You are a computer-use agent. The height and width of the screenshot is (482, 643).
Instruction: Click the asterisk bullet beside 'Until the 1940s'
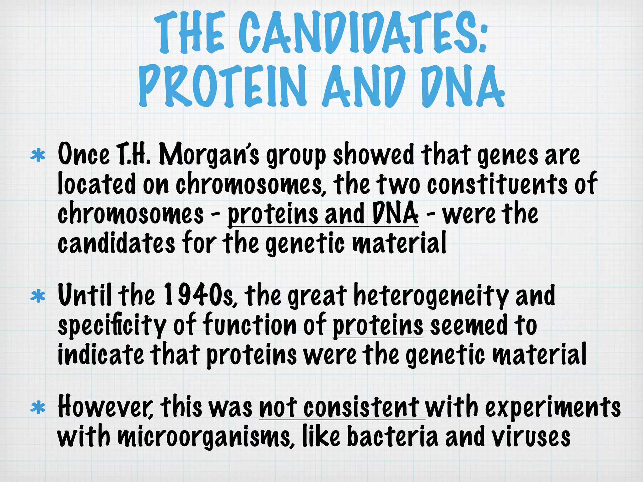tap(38, 296)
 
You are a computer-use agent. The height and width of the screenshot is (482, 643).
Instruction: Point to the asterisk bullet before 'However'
tap(38, 408)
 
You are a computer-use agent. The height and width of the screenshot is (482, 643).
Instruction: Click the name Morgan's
tap(209, 155)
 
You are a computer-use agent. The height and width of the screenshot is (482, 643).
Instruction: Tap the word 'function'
tap(250, 325)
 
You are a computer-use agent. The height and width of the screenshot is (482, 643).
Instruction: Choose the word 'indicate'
tap(101, 354)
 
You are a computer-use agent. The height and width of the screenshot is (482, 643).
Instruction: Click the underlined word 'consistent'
tap(361, 407)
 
